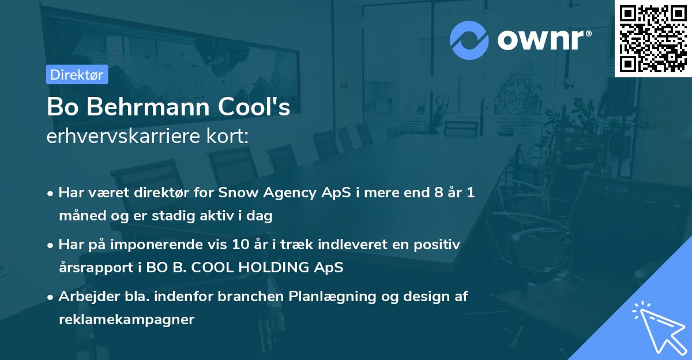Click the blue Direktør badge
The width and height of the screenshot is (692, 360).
[77, 74]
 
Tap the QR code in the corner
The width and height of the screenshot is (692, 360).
[653, 39]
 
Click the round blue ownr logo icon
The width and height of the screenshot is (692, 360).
[469, 40]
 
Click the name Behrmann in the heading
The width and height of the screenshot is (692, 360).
[148, 107]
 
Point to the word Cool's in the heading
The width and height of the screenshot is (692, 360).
[254, 107]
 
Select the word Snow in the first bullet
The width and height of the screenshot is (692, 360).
[238, 193]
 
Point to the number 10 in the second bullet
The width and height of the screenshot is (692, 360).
[240, 245]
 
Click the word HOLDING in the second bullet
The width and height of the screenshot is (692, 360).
[273, 267]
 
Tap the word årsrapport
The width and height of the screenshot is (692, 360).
[96, 268]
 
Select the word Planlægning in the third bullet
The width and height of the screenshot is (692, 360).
[332, 297]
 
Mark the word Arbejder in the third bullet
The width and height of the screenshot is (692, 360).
[89, 297]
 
